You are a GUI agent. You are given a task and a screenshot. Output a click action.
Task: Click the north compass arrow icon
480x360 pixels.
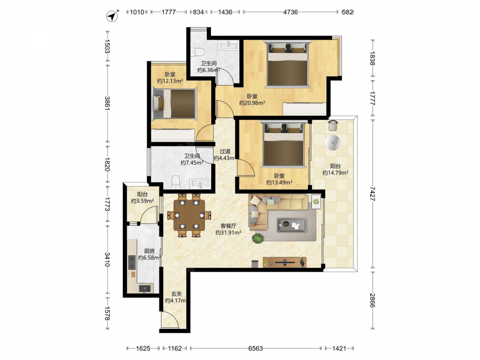pos(112,16)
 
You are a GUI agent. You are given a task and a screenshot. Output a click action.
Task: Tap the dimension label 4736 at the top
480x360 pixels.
pos(290,12)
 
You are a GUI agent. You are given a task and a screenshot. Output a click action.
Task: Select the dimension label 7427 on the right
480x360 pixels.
pos(372,193)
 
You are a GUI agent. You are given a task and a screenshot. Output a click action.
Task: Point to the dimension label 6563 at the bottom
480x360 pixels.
pos(256,348)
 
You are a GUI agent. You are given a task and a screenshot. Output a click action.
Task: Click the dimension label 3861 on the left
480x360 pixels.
pos(107,104)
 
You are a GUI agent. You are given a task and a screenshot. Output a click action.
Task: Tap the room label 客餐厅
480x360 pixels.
pos(228,226)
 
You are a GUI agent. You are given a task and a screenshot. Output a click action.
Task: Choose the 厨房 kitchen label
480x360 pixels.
pos(149,252)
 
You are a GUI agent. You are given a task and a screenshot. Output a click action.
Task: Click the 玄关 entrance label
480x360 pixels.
pos(176,294)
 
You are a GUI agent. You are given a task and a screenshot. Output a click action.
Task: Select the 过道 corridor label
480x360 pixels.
pos(225,151)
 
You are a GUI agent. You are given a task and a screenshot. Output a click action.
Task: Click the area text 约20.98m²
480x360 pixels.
pos(252,103)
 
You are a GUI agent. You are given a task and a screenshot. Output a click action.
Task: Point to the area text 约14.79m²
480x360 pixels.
pos(335,173)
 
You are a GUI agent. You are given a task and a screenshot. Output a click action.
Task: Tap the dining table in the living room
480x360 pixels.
pos(190,215)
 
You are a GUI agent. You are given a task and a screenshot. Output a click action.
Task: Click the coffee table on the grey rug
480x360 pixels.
pos(292,225)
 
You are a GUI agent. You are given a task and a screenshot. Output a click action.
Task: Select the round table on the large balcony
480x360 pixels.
pos(333,143)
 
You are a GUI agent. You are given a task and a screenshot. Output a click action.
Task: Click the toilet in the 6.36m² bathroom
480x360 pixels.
pos(197,52)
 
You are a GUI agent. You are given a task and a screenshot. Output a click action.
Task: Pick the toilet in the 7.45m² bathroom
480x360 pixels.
pos(176,182)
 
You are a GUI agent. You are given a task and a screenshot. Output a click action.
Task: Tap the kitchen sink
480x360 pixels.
pos(145,288)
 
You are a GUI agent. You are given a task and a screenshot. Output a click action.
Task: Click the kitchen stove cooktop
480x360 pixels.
pos(132,263)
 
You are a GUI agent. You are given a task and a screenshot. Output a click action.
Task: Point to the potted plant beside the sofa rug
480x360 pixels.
pos(258,239)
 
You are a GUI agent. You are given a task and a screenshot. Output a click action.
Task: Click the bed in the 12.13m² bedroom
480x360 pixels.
pos(174,104)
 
